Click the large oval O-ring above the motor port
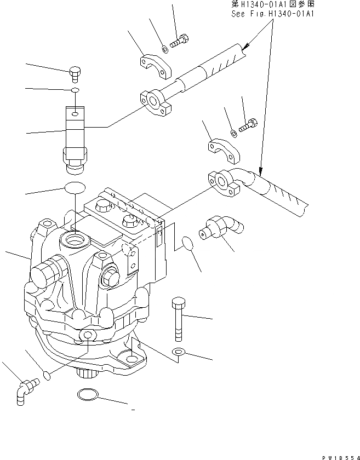coord(75,188)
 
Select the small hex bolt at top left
coord(75,72)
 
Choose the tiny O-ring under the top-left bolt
coord(75,89)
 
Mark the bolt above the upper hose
coord(180,41)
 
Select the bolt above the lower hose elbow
coord(248,124)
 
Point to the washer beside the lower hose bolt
coord(234,132)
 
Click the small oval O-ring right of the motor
coord(187,243)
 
